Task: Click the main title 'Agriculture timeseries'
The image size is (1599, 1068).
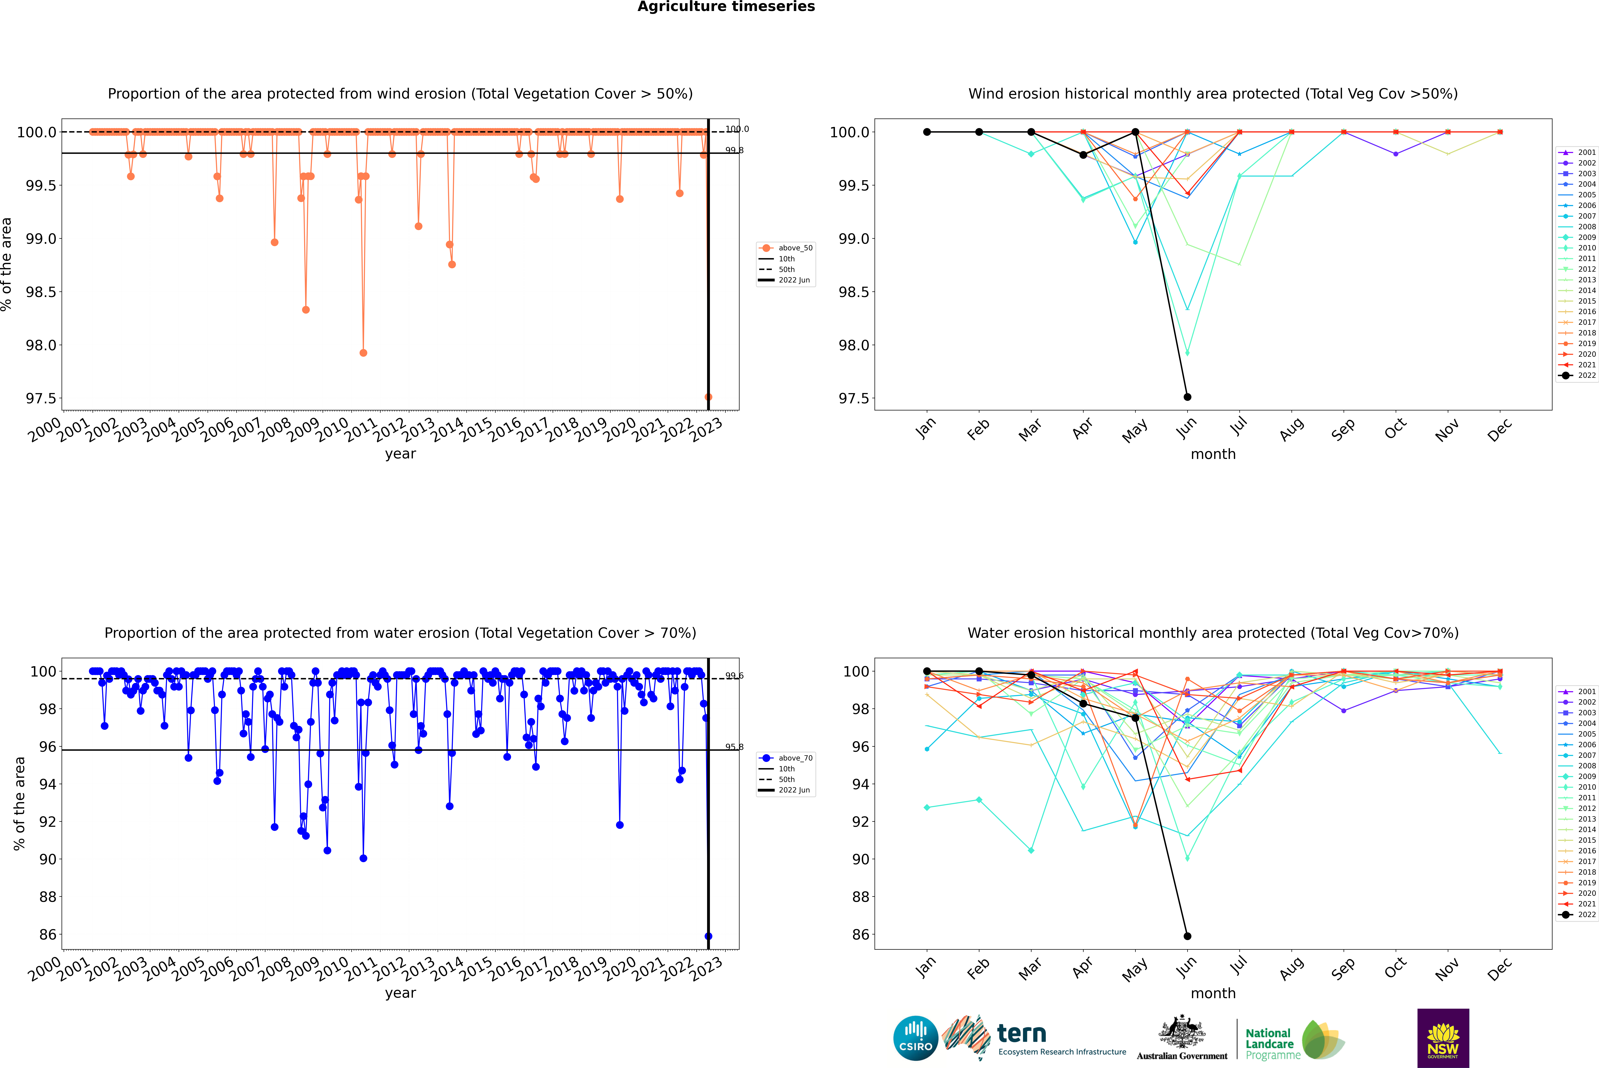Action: [726, 7]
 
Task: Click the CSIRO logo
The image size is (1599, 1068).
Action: [915, 1038]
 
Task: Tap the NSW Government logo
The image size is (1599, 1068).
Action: [1443, 1038]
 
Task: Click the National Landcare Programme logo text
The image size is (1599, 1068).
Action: [1269, 1043]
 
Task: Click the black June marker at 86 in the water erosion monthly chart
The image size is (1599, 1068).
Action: [1187, 936]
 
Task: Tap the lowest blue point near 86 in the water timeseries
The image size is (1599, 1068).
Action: [708, 936]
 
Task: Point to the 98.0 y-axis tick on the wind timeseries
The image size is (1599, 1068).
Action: [41, 345]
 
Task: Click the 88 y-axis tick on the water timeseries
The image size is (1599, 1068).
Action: [48, 897]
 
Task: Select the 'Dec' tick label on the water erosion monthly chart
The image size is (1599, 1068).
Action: [1500, 969]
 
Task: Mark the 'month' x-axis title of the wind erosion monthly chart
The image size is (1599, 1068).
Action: [1213, 454]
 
